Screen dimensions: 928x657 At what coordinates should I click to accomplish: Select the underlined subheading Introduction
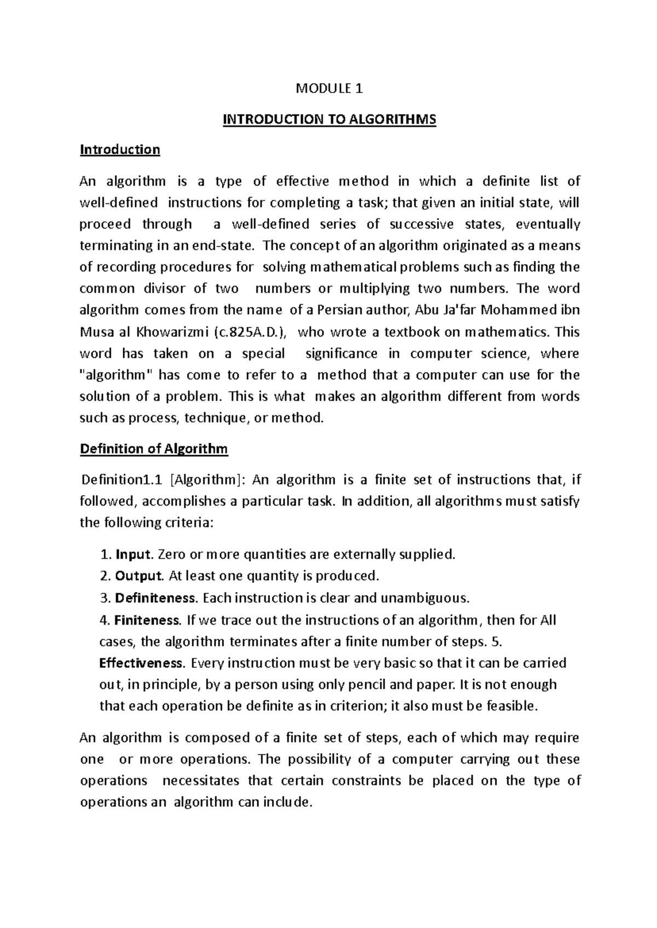(x=120, y=150)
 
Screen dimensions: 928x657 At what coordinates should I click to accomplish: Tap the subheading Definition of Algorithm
(x=154, y=449)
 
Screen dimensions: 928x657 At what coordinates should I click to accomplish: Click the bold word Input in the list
(x=132, y=554)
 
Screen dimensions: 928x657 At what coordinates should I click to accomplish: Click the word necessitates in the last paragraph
(x=198, y=781)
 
